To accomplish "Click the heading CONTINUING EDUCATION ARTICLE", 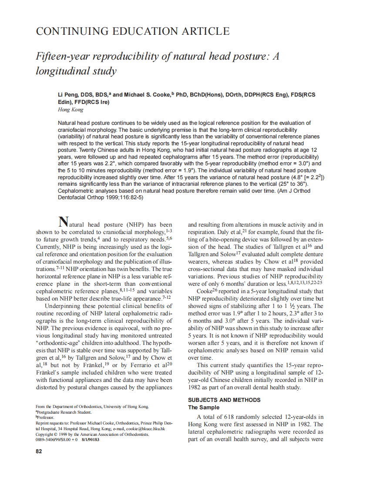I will [132, 31].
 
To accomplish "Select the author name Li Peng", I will [69, 95].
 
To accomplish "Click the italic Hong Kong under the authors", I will [67, 110].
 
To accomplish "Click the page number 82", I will [39, 451].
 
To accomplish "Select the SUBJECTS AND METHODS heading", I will [224, 400].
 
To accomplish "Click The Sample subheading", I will [203, 408].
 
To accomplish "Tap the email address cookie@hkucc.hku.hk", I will [145, 428].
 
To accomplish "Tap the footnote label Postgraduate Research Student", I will [64, 412].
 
